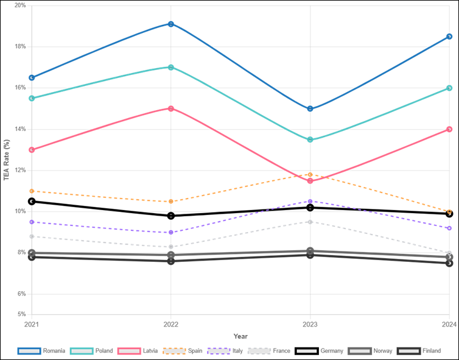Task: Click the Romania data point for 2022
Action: (171, 24)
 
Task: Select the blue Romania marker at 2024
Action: (449, 37)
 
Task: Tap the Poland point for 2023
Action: (310, 140)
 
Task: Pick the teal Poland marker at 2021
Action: (32, 98)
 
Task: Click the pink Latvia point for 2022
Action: (171, 108)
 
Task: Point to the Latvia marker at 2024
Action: (449, 129)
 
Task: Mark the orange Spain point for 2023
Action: (310, 175)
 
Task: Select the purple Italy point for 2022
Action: (171, 233)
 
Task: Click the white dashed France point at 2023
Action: (310, 222)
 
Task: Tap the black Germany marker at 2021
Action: (32, 201)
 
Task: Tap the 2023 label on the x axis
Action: (310, 324)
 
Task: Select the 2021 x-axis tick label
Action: (32, 324)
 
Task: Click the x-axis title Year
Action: (240, 336)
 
